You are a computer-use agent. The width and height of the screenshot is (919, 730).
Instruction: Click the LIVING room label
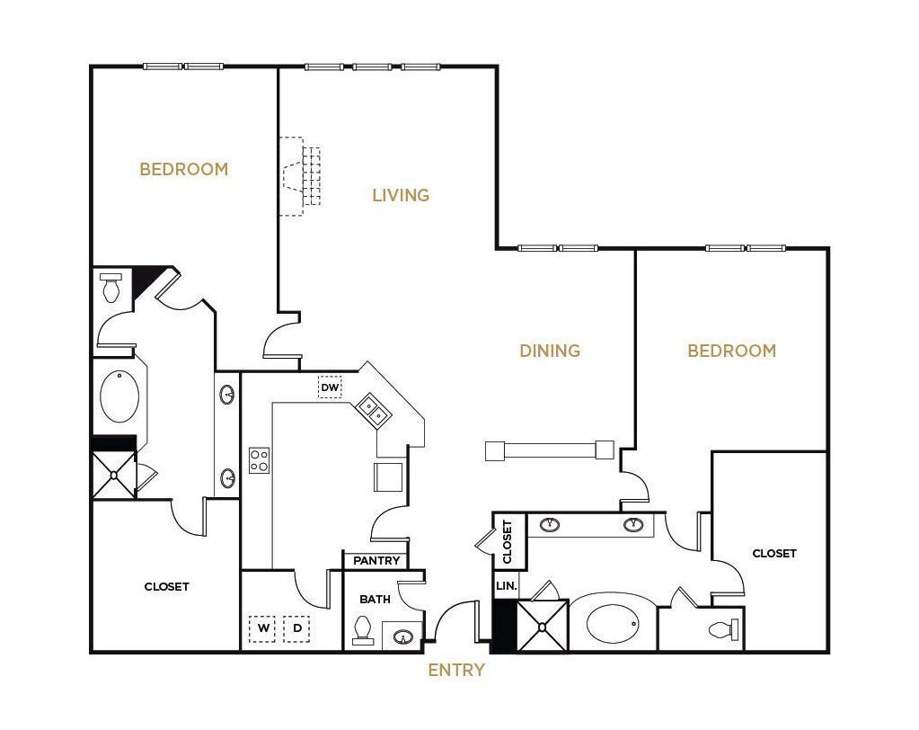point(401,195)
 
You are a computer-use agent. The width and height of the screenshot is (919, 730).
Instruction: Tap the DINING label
point(550,351)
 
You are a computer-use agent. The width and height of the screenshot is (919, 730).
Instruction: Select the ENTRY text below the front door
point(456,670)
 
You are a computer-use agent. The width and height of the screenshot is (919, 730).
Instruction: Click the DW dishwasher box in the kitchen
point(331,387)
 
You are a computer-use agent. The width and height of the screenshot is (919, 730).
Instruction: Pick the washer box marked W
point(263,628)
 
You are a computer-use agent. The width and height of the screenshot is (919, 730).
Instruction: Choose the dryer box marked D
point(296,628)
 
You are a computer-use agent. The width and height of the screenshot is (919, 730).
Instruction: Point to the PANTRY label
point(376,561)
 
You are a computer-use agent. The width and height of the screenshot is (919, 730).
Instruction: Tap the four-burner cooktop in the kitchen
point(259,460)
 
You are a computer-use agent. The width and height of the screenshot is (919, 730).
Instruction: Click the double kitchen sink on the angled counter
point(373,410)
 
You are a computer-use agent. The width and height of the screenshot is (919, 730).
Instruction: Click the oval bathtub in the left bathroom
point(119,396)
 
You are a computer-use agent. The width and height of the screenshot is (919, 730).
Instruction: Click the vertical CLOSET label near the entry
point(508,541)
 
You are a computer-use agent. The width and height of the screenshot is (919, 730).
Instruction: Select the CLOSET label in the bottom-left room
point(167,587)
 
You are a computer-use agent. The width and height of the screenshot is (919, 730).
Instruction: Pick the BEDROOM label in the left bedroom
point(183,169)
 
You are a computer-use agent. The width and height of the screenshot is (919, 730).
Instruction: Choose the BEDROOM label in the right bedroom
point(731,351)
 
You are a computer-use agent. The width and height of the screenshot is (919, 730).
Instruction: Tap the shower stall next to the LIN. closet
point(542,626)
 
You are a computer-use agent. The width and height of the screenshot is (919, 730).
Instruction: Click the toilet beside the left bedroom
point(111,288)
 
